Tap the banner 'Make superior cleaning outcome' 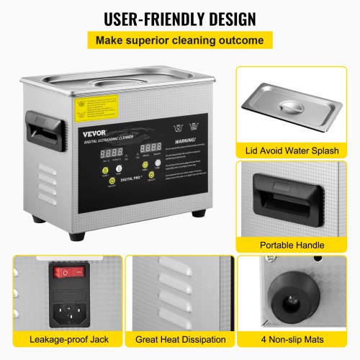tap(179, 41)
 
